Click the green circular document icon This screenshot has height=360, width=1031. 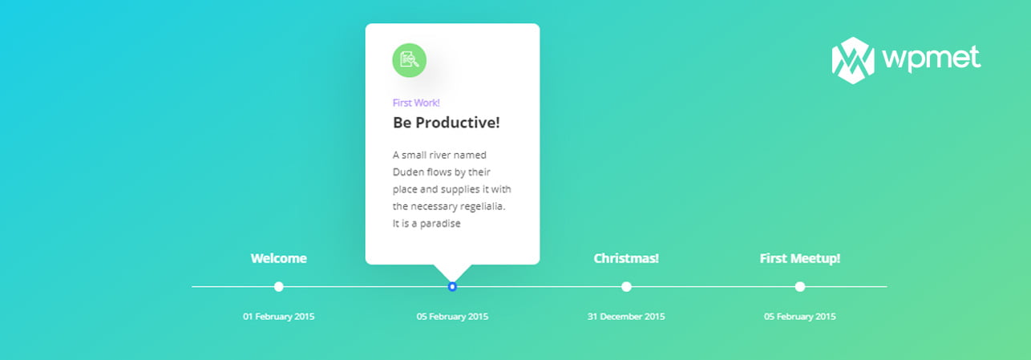coord(409,60)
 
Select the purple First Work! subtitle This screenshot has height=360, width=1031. coord(416,103)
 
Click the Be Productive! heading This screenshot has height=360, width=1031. coord(446,123)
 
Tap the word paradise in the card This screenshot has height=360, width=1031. coord(440,224)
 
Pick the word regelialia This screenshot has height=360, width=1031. coord(483,207)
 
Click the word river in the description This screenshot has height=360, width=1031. coord(439,155)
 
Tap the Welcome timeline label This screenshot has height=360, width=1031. coord(278,258)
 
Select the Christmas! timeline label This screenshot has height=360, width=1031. coord(626,258)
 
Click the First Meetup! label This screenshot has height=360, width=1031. coord(800,258)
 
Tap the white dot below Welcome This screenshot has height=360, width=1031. coord(278,287)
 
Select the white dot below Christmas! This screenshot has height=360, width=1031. coord(626,287)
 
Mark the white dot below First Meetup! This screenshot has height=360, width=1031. coord(800,287)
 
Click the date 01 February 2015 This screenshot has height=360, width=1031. coord(278,316)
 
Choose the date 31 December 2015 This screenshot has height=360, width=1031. coord(626,316)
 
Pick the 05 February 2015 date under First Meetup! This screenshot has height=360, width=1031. coord(800,316)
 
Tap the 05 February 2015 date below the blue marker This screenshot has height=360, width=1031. coord(452,316)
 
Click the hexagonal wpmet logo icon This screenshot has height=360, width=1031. coord(853,60)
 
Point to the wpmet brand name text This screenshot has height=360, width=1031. coord(931,59)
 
